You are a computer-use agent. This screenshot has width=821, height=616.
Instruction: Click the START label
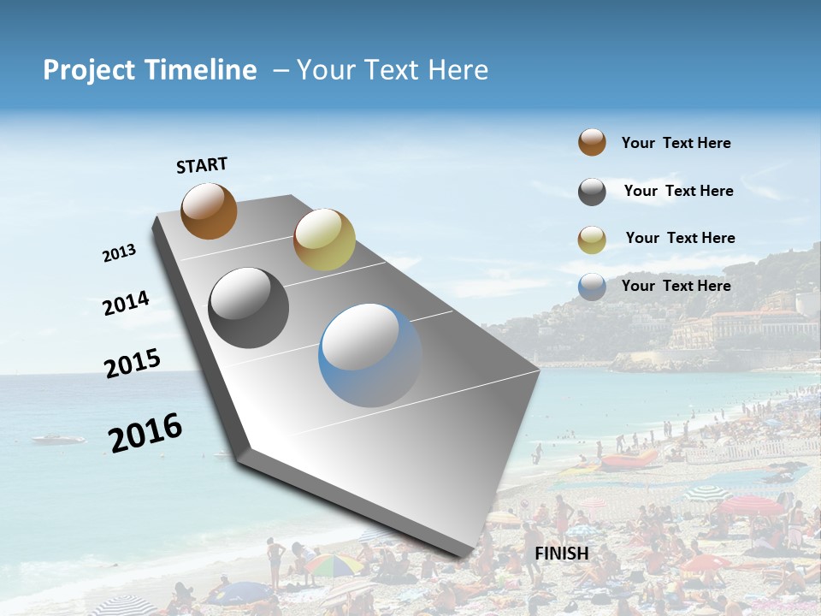click(202, 165)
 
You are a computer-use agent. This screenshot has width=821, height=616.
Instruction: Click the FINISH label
click(561, 554)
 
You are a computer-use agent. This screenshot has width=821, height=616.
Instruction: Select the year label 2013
click(119, 253)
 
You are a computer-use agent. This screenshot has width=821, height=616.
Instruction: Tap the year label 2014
click(126, 303)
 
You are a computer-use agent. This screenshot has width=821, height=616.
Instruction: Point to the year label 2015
click(133, 364)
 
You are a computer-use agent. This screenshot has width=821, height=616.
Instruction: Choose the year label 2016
click(145, 433)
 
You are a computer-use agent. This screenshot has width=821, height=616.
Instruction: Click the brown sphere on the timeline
click(209, 210)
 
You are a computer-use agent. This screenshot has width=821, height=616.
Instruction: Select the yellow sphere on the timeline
click(324, 240)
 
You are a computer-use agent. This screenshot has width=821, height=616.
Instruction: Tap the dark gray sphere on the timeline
click(249, 308)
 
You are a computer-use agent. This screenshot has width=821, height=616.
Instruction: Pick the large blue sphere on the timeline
click(370, 355)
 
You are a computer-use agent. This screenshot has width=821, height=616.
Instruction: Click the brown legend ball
click(592, 142)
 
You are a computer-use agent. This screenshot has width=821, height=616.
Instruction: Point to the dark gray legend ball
click(592, 192)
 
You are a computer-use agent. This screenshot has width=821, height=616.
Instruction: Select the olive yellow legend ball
click(592, 240)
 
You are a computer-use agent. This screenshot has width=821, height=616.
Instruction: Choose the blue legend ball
click(592, 287)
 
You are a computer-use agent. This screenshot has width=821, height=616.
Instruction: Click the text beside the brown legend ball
click(676, 143)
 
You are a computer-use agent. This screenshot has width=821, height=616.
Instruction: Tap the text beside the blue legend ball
click(676, 286)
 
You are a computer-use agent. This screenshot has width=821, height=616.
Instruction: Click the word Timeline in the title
click(204, 70)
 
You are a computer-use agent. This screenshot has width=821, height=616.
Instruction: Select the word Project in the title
click(88, 70)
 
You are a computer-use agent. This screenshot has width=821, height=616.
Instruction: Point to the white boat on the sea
click(58, 440)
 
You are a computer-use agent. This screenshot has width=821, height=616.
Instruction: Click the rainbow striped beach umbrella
click(333, 564)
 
